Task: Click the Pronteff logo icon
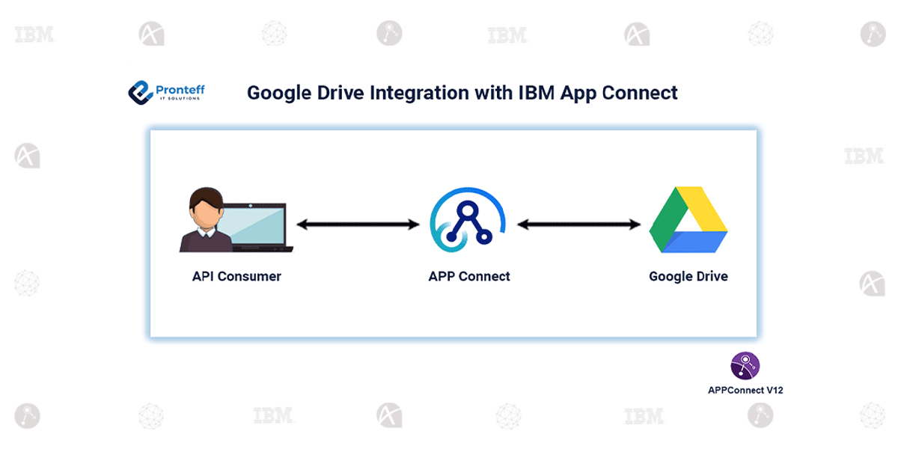pyautogui.click(x=140, y=92)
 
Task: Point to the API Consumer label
pyautogui.click(x=236, y=276)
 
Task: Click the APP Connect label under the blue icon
pyautogui.click(x=469, y=276)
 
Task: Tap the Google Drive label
pyautogui.click(x=688, y=276)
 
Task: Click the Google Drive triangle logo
pyautogui.click(x=688, y=220)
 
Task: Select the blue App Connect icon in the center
pyautogui.click(x=468, y=219)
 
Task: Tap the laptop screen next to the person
pyautogui.click(x=258, y=225)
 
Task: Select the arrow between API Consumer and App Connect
pyautogui.click(x=358, y=224)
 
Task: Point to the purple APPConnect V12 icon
pyautogui.click(x=745, y=366)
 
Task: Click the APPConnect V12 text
pyautogui.click(x=745, y=390)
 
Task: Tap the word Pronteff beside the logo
pyautogui.click(x=180, y=89)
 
